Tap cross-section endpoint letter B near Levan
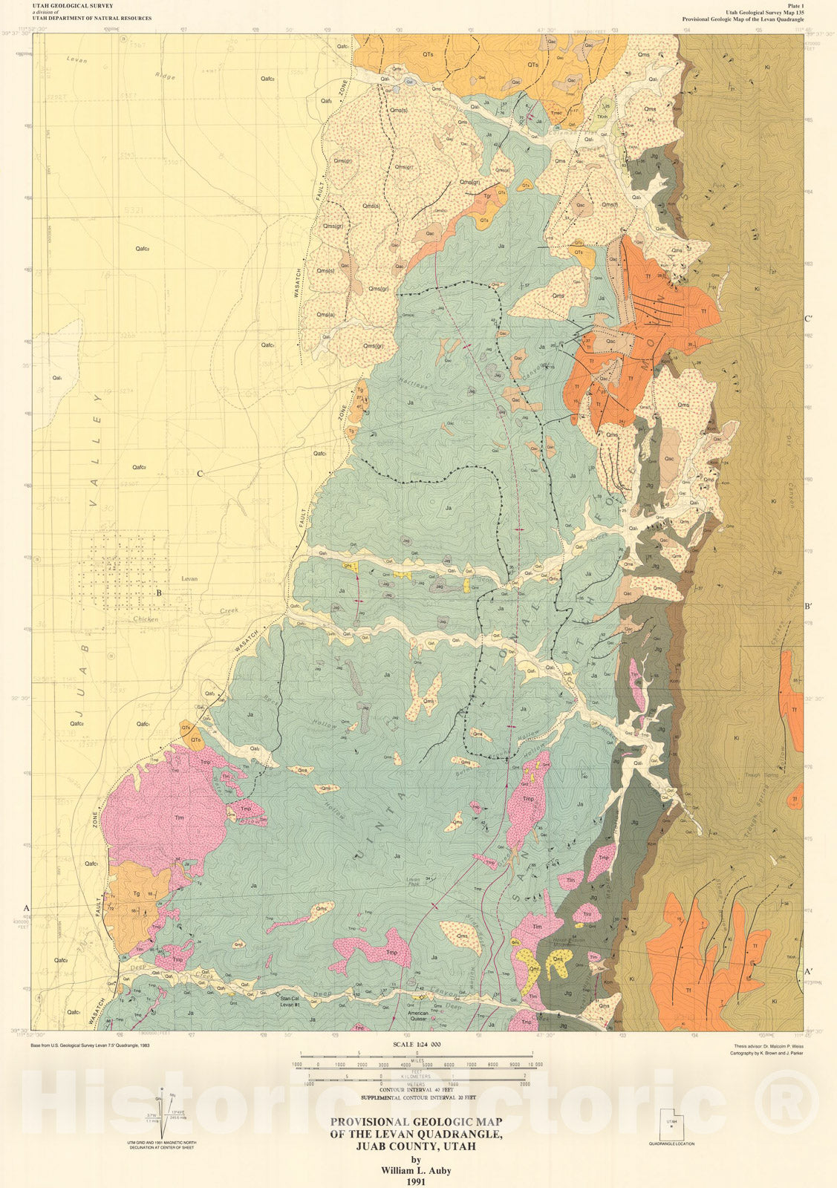point(158,593)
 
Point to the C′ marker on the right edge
point(809,319)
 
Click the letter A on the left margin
point(27,908)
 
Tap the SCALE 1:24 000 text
point(415,1043)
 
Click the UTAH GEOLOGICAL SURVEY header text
point(73,5)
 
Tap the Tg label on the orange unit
point(136,895)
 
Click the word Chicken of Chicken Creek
point(146,619)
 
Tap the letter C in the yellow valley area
point(200,474)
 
